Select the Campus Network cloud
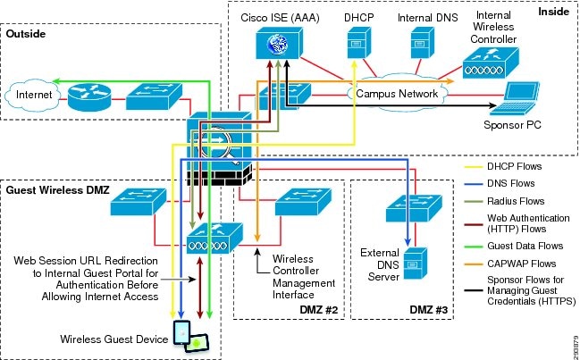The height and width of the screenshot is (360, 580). [x=396, y=93]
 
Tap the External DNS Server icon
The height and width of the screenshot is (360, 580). [x=410, y=259]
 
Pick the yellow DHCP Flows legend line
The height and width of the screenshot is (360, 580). [x=478, y=167]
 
